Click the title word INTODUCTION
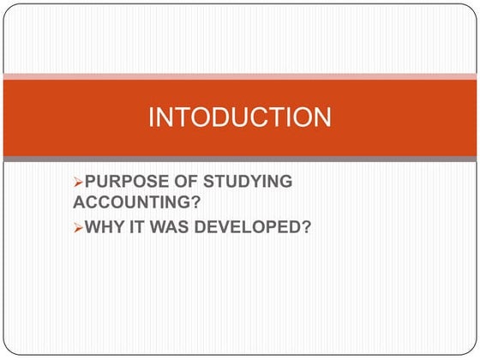(x=239, y=117)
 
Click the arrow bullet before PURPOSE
(x=79, y=183)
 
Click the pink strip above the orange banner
(x=239, y=77)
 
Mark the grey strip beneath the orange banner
(x=239, y=159)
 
